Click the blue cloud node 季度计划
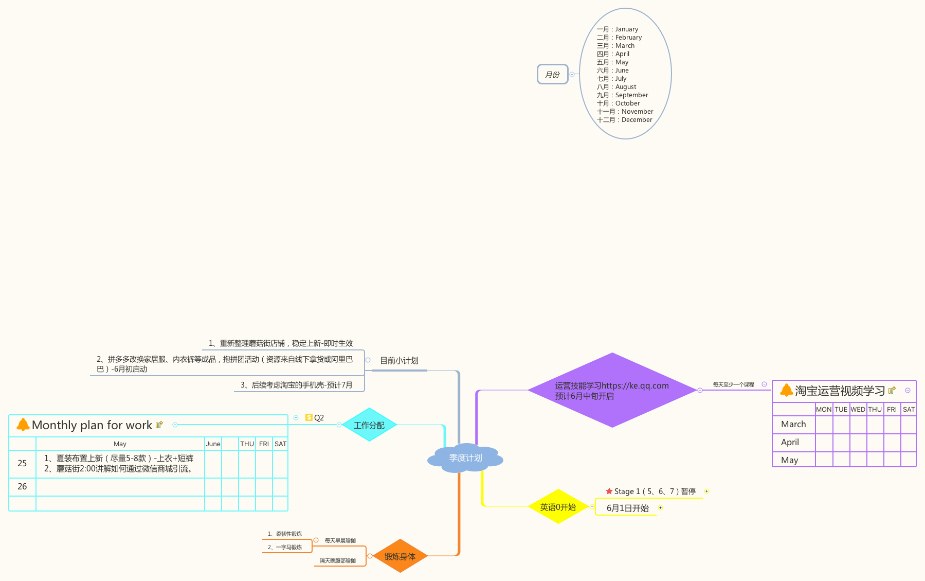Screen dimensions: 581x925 tap(465, 457)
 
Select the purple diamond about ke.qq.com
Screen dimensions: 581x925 tap(612, 390)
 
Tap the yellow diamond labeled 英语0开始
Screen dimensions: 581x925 tap(558, 507)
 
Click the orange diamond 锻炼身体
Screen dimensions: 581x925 tap(400, 556)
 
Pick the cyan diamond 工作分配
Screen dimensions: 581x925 tap(369, 425)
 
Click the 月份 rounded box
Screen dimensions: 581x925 tap(552, 75)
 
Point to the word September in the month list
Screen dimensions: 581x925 tap(631, 95)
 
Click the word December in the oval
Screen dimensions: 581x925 tap(637, 120)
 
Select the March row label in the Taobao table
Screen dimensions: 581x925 tap(793, 424)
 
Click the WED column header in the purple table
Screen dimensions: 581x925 tap(858, 410)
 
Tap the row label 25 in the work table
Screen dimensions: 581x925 tap(22, 463)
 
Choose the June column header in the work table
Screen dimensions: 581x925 tap(213, 444)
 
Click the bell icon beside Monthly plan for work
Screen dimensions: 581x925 tap(23, 425)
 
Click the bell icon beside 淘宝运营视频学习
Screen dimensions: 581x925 tap(786, 390)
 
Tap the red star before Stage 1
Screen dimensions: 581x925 tap(609, 491)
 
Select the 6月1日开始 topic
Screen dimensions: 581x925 tap(627, 508)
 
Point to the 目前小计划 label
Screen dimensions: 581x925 tap(399, 361)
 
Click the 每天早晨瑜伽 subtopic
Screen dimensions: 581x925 tap(340, 540)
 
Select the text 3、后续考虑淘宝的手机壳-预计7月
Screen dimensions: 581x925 tap(296, 385)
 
